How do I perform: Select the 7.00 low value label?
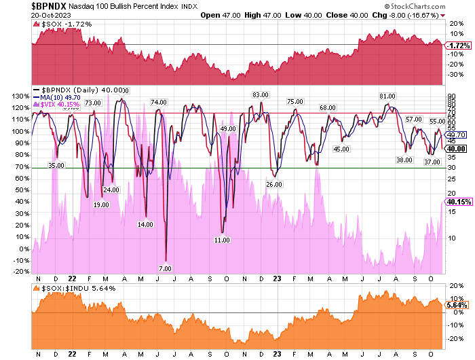tap(165, 269)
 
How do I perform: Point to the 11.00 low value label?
tap(222, 240)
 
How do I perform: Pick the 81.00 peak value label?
tap(387, 96)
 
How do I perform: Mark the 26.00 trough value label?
tap(274, 184)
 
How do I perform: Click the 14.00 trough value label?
tap(145, 224)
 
